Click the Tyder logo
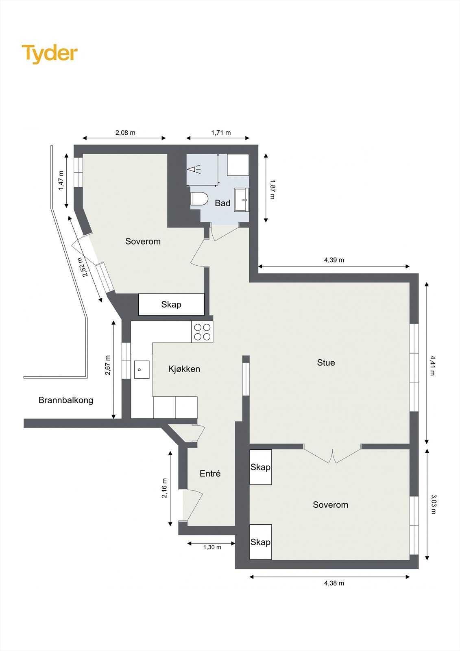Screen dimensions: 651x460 coord(49,54)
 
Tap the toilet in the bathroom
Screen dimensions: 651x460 coord(199,199)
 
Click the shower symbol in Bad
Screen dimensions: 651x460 coord(194,168)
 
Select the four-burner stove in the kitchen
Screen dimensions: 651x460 coord(202,332)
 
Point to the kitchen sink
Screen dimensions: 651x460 coord(141,369)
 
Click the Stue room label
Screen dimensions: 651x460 coord(326,363)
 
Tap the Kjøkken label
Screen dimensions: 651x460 coord(184,369)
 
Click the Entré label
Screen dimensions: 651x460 coord(210,474)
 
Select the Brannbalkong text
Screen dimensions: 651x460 coord(66,400)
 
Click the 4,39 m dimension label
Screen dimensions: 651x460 coord(334,260)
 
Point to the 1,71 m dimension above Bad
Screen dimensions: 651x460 coord(221,133)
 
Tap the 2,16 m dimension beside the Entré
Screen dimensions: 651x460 coord(164,488)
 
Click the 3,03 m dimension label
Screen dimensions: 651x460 coord(433,504)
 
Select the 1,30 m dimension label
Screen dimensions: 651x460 coord(212,547)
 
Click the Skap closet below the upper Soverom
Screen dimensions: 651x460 coord(171,304)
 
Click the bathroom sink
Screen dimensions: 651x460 coord(242,199)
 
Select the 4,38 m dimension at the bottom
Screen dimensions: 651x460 coord(334,583)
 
